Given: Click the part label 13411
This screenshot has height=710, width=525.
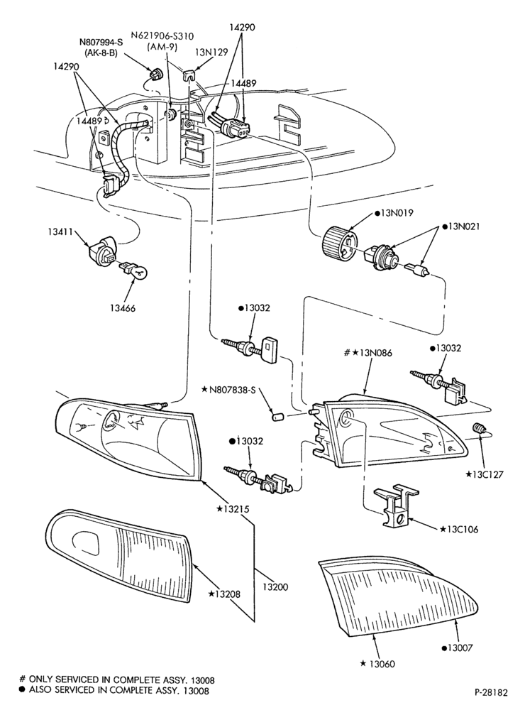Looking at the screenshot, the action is [60, 231].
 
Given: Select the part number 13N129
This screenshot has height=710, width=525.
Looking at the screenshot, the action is [211, 52].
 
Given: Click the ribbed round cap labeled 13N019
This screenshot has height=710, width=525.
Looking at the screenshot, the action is [340, 243].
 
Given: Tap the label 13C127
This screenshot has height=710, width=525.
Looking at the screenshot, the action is [485, 474].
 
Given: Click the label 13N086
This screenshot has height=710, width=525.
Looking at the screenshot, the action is [368, 353].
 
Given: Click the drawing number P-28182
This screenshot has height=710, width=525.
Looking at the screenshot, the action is [491, 692].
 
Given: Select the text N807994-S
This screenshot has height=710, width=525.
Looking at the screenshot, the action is [101, 42].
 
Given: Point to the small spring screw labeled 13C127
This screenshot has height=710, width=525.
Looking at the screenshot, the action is [478, 427].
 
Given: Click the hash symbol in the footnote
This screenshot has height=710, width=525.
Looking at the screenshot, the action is [22, 679].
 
